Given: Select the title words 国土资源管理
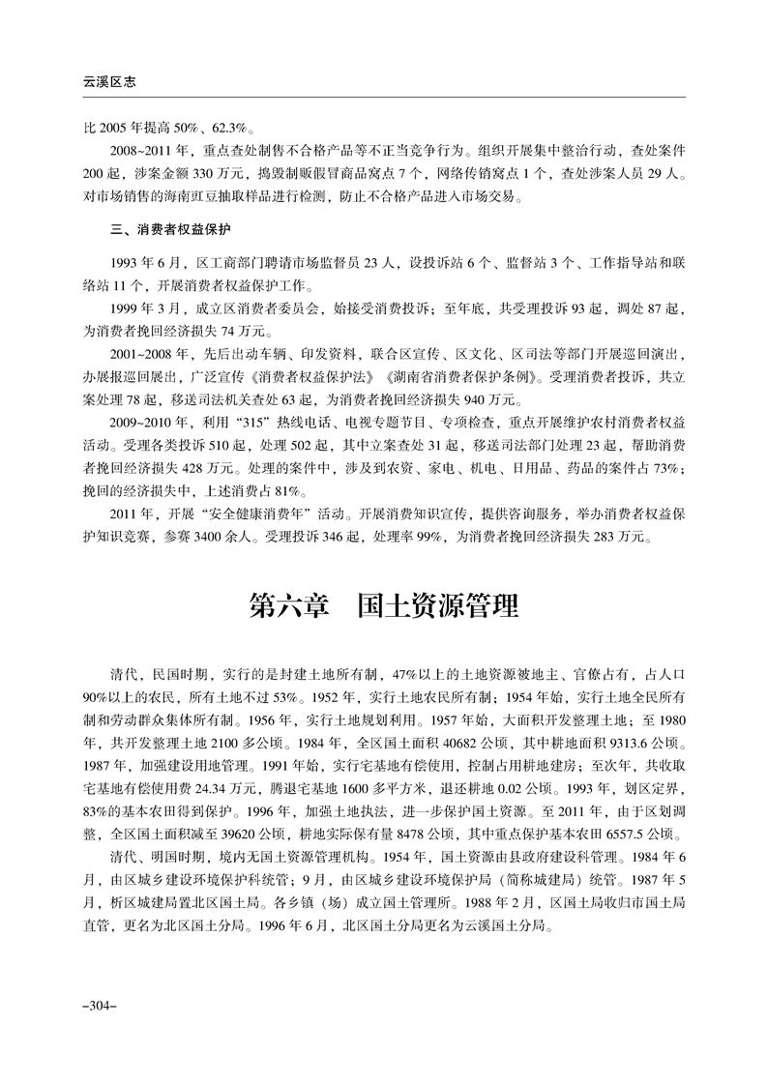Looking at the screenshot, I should click(436, 606).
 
